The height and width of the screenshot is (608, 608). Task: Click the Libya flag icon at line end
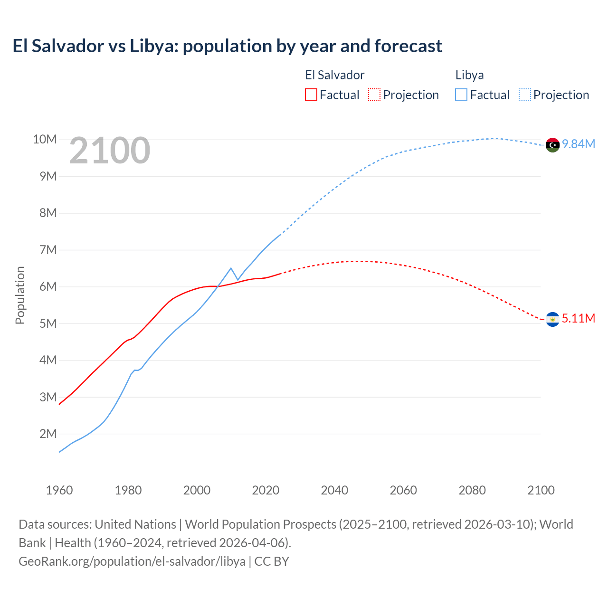[552, 145]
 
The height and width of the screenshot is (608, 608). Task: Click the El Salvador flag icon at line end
[552, 319]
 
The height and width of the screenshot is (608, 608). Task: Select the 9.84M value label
[579, 144]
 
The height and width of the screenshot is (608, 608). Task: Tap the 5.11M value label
[579, 318]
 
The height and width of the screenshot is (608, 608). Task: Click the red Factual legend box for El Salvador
[311, 95]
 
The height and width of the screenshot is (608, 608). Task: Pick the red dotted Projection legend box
[374, 95]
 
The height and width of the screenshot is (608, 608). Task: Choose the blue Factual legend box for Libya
[461, 95]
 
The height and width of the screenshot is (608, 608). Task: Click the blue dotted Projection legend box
[525, 95]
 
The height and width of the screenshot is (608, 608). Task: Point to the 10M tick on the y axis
[45, 139]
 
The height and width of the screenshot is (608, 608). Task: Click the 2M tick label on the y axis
[48, 434]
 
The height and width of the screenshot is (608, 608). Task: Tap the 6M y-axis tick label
[48, 286]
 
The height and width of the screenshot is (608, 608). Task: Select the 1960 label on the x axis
[59, 490]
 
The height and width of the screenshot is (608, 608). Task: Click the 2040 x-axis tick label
[334, 490]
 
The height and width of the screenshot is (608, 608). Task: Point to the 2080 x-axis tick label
[472, 490]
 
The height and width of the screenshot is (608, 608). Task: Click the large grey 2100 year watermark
[110, 151]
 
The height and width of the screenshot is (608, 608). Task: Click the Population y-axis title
[20, 295]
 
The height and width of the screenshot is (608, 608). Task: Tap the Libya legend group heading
[469, 75]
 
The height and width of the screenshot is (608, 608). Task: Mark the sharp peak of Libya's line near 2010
[231, 268]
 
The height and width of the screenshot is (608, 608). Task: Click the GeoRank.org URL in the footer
[132, 561]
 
